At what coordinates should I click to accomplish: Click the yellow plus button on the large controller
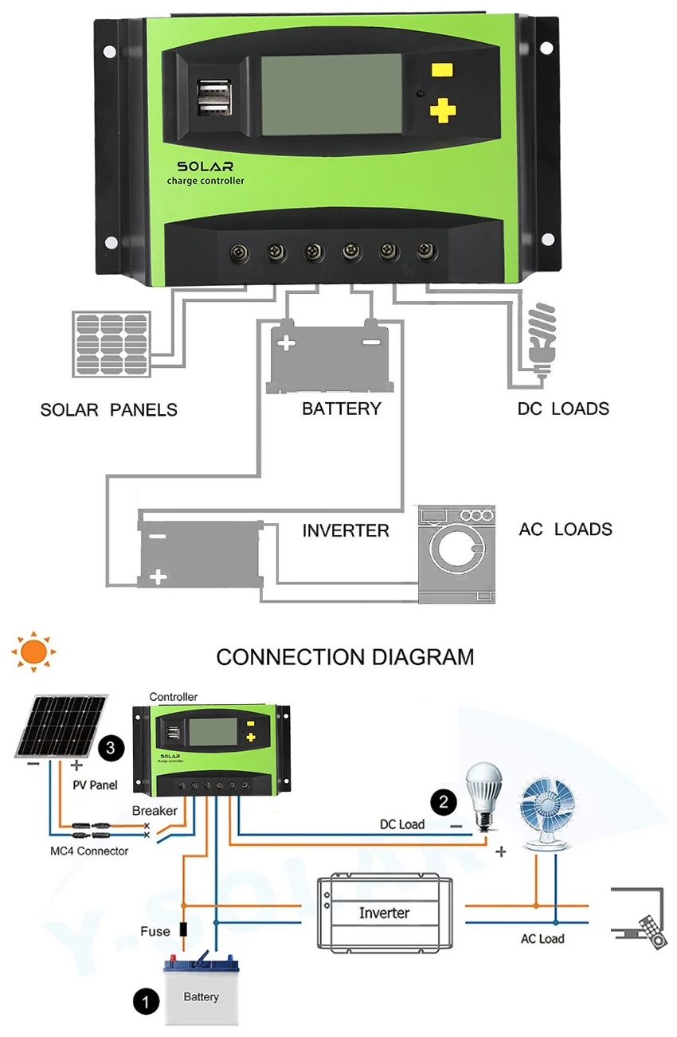[443, 110]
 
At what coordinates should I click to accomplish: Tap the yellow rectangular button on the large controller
[442, 70]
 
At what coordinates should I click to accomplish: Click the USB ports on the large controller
[214, 98]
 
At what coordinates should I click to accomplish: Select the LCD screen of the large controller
[331, 95]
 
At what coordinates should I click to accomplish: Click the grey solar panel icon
[112, 344]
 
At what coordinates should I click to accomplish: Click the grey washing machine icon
[456, 554]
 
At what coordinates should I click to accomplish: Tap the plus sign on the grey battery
[286, 343]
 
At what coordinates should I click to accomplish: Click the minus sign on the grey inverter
[158, 537]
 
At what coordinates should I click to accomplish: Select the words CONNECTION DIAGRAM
[345, 657]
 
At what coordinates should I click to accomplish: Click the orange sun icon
[33, 652]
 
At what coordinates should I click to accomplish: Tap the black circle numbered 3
[111, 748]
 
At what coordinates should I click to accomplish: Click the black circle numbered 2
[444, 801]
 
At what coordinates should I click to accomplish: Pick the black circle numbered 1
[146, 1001]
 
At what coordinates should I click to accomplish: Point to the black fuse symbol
[183, 929]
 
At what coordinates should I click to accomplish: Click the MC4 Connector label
[89, 851]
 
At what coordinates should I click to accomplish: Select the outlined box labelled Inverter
[385, 912]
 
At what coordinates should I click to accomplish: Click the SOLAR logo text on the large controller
[205, 166]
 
